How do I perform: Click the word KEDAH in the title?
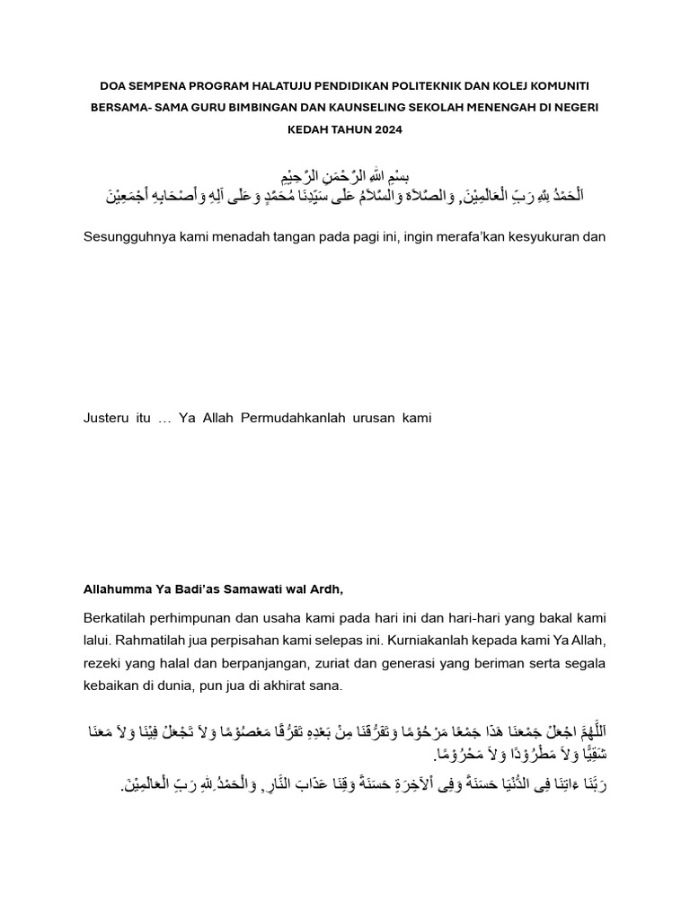pyautogui.click(x=307, y=129)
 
